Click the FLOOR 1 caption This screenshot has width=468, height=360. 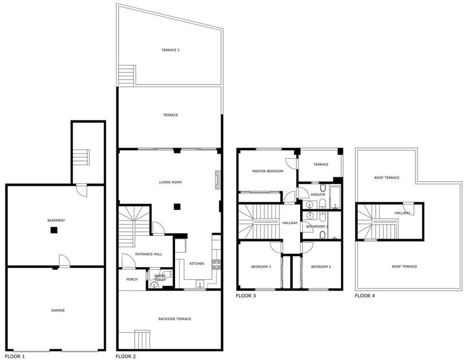coord(15,356)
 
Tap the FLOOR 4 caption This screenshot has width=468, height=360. coord(365,296)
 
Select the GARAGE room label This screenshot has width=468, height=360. coord(58,311)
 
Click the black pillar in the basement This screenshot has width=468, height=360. coord(54,230)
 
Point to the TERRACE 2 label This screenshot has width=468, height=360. coord(171,50)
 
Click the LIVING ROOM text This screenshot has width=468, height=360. coord(171,182)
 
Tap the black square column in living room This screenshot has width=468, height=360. coord(177,207)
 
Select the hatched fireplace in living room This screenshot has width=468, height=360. coord(218,179)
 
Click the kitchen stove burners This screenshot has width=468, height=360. coord(216,265)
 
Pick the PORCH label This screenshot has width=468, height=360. coord(132,279)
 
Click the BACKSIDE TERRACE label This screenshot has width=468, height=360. coord(175,319)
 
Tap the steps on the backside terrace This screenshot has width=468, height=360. coord(142,339)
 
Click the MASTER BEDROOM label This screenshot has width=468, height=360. coord(268,171)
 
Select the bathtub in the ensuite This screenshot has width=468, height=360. coord(335,197)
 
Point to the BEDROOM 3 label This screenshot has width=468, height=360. coord(261,267)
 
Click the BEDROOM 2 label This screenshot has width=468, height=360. coord(321,267)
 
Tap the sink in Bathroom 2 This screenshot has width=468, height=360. coord(310,215)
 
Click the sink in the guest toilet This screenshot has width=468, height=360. coord(154,285)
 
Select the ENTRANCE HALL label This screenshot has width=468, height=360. coord(148,254)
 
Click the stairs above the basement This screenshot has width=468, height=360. coord(81,157)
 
